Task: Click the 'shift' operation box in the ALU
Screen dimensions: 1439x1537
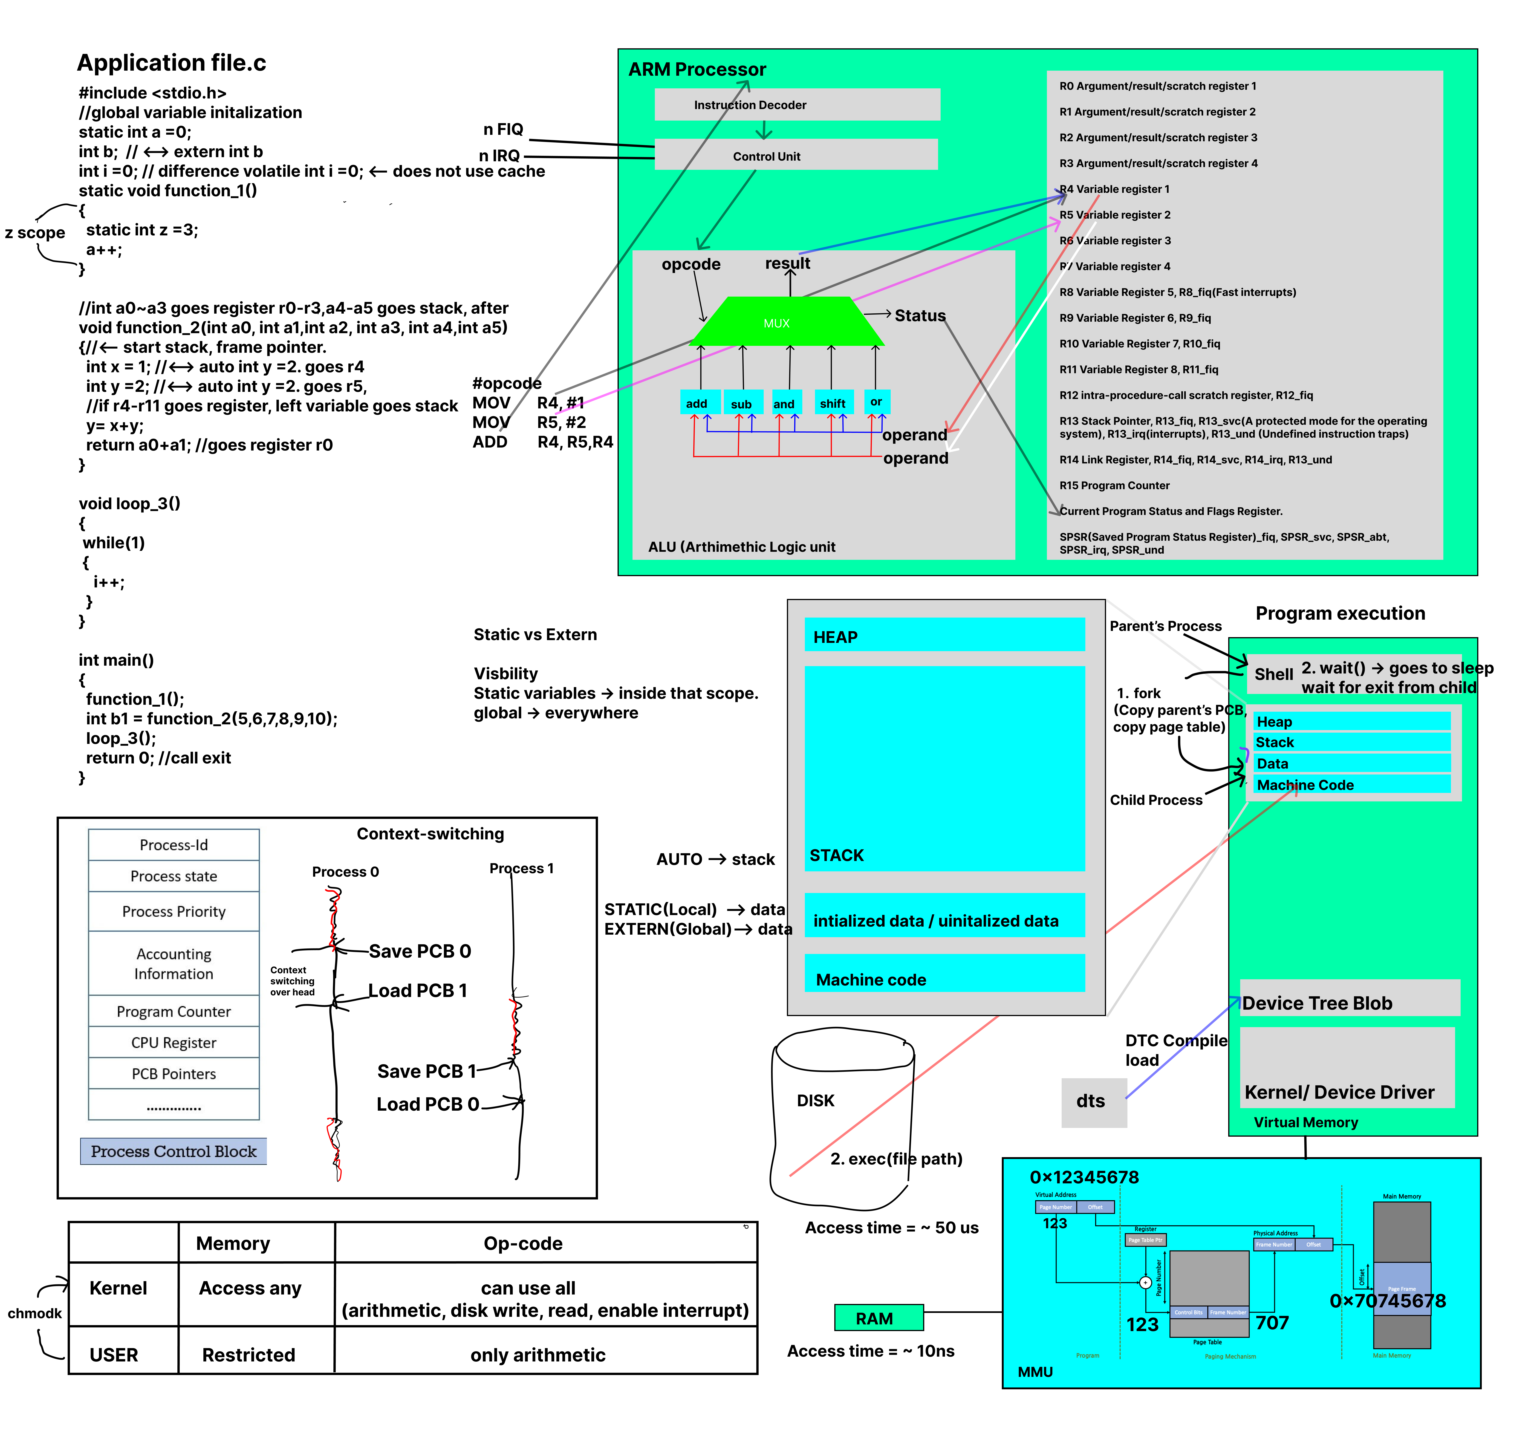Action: click(x=833, y=403)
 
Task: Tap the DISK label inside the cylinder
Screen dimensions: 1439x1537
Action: click(x=816, y=1100)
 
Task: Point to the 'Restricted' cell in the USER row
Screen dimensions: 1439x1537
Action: click(x=249, y=1355)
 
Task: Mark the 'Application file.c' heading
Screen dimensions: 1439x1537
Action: click(x=172, y=63)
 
